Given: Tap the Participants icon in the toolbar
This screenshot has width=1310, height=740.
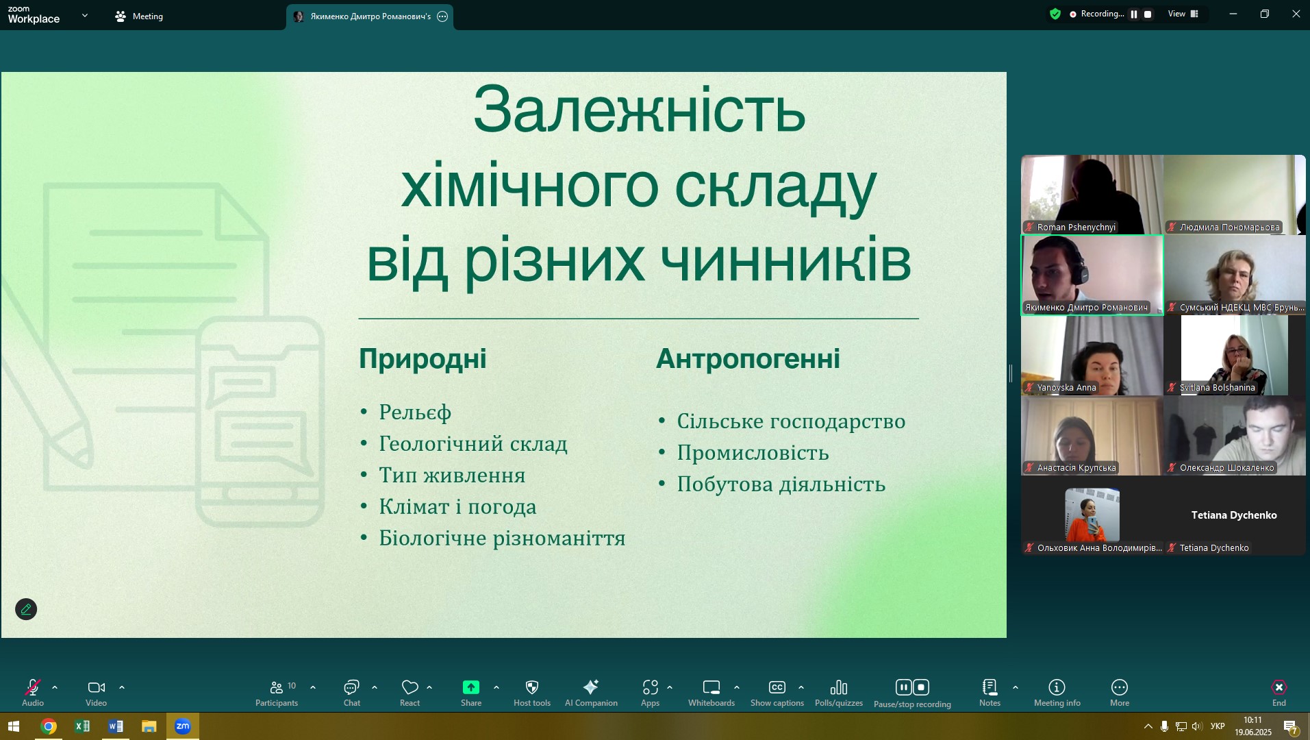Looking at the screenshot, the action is [x=277, y=687].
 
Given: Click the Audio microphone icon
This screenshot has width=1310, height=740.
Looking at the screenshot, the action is [x=32, y=687].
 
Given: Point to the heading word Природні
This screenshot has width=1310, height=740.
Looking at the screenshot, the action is [x=423, y=359].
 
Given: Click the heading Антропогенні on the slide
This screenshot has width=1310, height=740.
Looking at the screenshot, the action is [x=748, y=358].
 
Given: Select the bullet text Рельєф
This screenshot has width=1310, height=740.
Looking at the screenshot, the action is [x=415, y=412].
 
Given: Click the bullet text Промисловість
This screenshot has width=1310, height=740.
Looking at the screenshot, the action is [x=753, y=453].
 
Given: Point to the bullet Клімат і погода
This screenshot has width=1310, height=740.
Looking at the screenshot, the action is [x=457, y=507].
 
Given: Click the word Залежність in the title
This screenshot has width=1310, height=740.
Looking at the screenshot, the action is [x=639, y=110].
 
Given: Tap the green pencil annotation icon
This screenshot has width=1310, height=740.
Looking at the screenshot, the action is [x=26, y=609].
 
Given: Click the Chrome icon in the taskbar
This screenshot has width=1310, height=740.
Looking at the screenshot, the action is [x=49, y=726].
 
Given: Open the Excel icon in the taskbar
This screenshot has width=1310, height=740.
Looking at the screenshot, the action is [x=82, y=726].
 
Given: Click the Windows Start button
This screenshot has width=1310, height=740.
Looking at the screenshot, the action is [x=13, y=726].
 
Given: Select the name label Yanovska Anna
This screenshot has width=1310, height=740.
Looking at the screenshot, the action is [x=1066, y=388].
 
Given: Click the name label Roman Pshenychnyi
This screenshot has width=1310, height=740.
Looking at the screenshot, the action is [x=1076, y=227].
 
